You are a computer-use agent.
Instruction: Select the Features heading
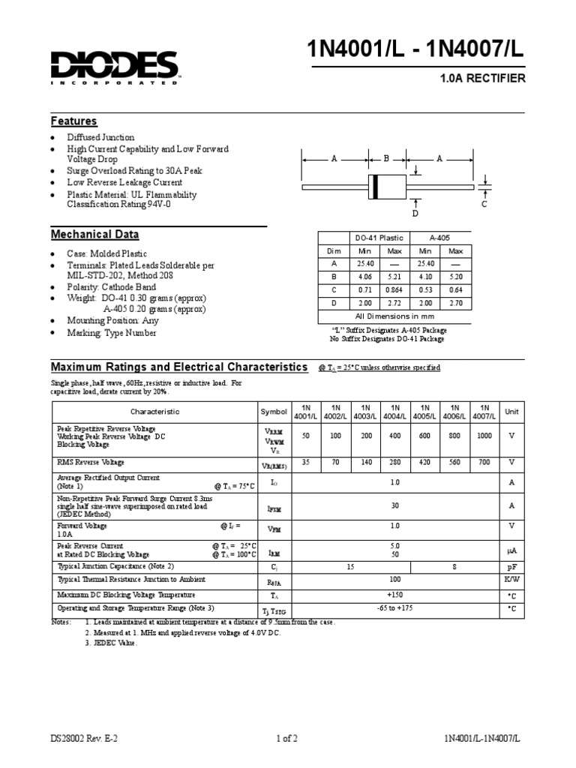click(x=73, y=121)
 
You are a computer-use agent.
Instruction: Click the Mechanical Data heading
click(x=94, y=235)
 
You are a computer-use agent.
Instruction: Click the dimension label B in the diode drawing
click(x=387, y=159)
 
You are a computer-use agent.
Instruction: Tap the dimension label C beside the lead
click(x=484, y=203)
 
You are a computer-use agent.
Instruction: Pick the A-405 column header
click(x=440, y=237)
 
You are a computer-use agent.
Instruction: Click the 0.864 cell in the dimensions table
click(x=394, y=289)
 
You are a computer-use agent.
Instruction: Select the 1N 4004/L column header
click(x=395, y=411)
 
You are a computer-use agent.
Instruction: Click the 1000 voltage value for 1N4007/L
click(x=484, y=436)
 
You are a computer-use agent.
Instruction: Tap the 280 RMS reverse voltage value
click(x=395, y=463)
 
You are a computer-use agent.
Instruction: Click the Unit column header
click(x=511, y=411)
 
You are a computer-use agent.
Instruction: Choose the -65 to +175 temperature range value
click(x=395, y=608)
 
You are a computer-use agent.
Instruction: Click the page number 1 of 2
click(x=287, y=738)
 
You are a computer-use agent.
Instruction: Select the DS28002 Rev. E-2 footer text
click(x=84, y=738)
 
